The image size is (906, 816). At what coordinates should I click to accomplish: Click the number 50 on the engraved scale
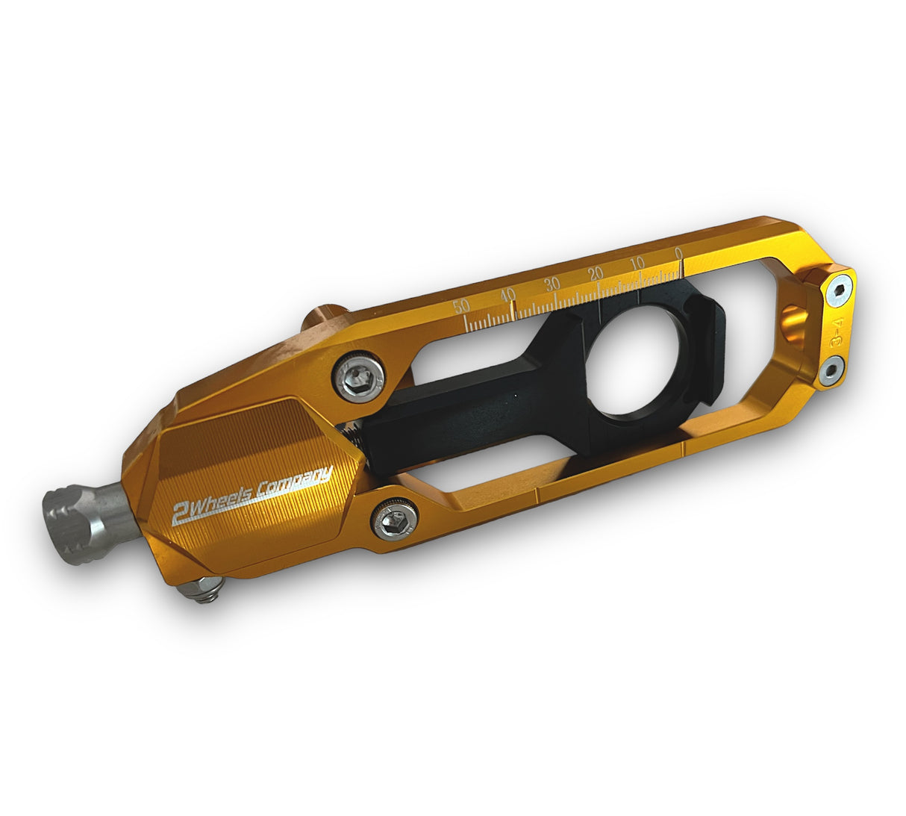point(461,305)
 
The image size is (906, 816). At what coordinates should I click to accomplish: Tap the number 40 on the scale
point(508,293)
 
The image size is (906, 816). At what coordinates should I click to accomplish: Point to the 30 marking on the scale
point(552,283)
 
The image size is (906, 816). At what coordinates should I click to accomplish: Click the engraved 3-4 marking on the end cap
point(838,330)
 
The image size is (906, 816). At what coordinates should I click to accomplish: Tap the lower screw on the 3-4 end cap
point(829,369)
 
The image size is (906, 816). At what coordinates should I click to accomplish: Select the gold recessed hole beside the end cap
point(794,319)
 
